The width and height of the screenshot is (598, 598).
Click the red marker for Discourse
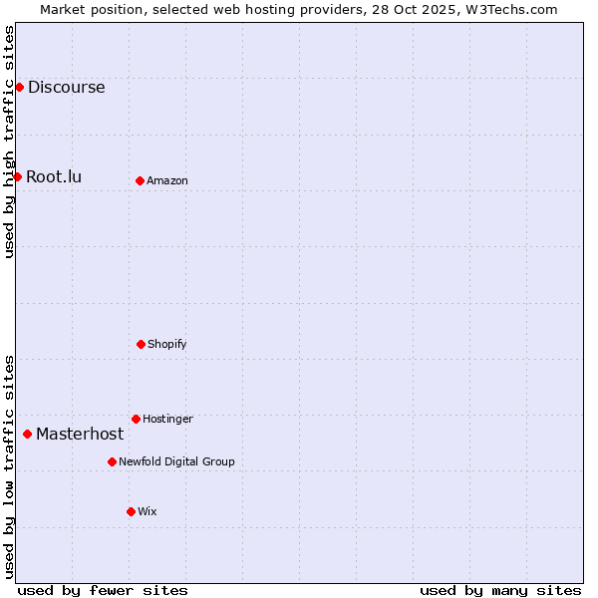click(19, 87)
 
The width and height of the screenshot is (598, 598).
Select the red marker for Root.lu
click(17, 176)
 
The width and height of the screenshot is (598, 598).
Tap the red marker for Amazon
click(140, 180)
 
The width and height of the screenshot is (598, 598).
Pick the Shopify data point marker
click(141, 344)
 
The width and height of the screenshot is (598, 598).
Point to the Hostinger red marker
click(136, 419)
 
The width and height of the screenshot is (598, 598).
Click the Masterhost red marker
click(27, 434)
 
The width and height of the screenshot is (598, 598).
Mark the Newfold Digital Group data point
click(112, 461)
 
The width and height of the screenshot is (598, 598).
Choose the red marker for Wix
click(131, 511)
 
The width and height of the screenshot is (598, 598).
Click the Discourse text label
click(66, 87)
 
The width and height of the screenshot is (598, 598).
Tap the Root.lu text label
click(54, 176)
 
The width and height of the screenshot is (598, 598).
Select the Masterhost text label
click(80, 434)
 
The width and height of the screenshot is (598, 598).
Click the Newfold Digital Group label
click(176, 461)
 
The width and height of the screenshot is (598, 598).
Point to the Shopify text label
click(166, 344)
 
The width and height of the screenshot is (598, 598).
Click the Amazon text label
click(166, 180)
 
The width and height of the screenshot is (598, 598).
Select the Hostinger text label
click(167, 419)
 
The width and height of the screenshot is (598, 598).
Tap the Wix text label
click(147, 511)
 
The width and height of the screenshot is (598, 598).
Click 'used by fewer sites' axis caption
click(103, 590)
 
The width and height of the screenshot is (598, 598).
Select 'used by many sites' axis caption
click(500, 590)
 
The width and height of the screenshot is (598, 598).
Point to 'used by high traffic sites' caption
click(9, 142)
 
